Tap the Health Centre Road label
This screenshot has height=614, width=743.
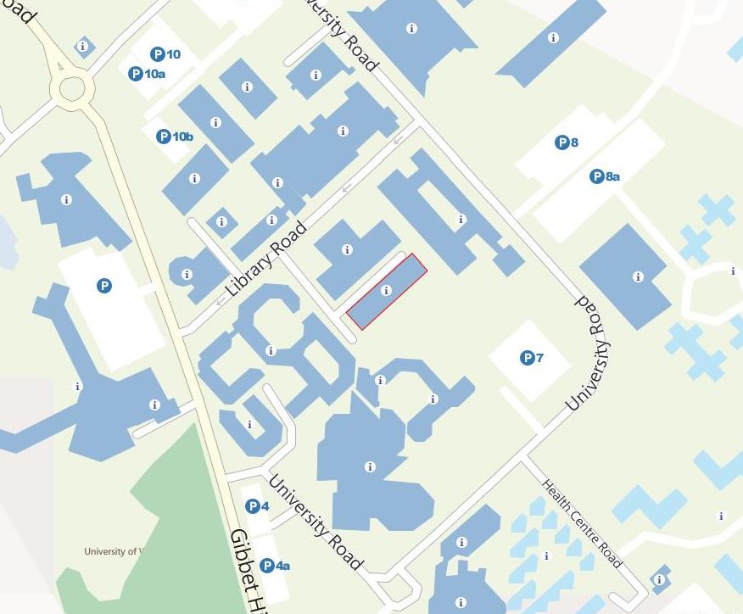(x=582, y=523)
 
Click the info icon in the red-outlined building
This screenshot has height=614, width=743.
(x=387, y=290)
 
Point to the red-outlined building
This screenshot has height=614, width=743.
(x=399, y=280)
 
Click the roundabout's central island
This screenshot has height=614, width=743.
(x=71, y=86)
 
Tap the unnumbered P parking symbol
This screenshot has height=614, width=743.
(x=103, y=286)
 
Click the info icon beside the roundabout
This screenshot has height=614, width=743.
(x=82, y=47)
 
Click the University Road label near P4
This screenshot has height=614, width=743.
(x=316, y=522)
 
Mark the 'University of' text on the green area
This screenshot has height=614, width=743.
(x=110, y=551)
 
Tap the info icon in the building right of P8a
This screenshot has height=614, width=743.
(x=638, y=276)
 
